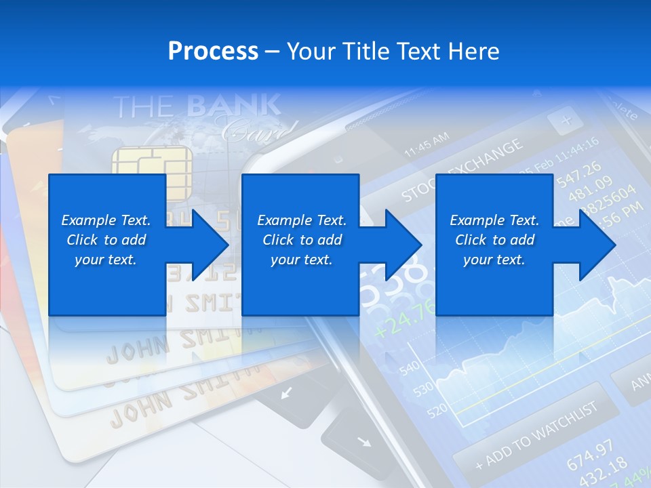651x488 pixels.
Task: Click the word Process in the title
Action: coord(213,52)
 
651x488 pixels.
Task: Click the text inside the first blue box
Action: coord(106,240)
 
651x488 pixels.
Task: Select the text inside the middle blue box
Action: coord(302,240)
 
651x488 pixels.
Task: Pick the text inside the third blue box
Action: coord(494,240)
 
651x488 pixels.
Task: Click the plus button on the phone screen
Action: coord(566,121)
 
